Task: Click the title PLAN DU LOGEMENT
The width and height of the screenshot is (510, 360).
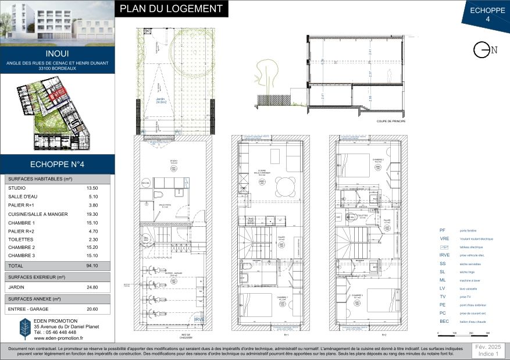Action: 171,9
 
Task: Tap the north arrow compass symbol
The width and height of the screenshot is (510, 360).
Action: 482,51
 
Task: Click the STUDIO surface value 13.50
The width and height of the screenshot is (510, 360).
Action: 92,188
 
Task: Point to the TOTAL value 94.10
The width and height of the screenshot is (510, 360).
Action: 92,265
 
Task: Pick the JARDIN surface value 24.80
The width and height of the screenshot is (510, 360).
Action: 92,287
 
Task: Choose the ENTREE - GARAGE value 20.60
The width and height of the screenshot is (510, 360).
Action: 92,309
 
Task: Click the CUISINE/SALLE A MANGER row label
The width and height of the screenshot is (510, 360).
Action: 37,215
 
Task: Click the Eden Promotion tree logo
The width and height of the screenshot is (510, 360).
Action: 25,329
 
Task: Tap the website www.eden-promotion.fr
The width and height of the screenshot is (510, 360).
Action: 59,338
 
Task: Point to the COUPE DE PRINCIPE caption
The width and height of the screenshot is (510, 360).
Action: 390,121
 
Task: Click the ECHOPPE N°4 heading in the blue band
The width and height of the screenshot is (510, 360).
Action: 57,163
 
